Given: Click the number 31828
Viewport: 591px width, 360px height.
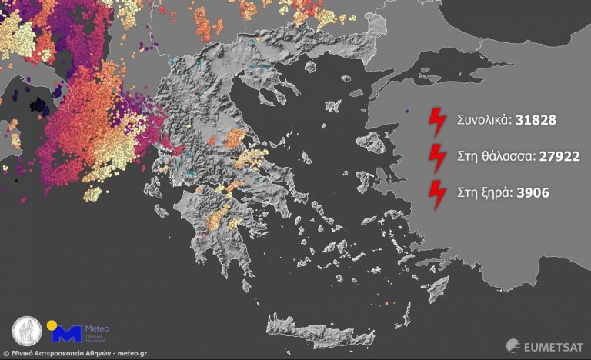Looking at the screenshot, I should [531, 121].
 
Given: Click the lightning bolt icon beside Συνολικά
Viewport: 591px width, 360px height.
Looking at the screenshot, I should [437, 122].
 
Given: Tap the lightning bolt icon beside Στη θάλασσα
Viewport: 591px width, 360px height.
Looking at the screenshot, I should [437, 158].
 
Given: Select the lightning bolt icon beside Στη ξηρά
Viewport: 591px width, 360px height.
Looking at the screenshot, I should [437, 194].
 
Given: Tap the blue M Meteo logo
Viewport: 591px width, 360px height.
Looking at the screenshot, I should [65, 333].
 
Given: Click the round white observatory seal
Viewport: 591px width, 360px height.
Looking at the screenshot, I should [28, 332].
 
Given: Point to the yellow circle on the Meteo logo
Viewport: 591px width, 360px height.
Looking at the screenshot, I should [53, 325].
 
